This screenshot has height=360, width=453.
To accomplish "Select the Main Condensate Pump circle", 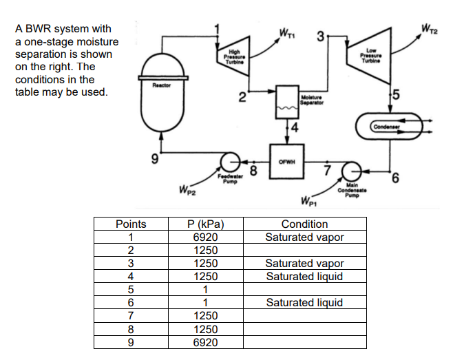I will (x=351, y=171).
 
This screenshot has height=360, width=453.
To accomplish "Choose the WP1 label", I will (x=309, y=202).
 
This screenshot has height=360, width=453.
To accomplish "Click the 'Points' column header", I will (x=131, y=224).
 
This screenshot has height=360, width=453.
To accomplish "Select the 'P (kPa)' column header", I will (x=204, y=224).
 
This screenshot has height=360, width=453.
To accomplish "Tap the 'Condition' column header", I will (x=304, y=224).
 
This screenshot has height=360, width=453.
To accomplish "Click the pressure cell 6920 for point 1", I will (x=204, y=237).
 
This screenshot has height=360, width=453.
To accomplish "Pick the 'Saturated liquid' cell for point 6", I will (x=304, y=302).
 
